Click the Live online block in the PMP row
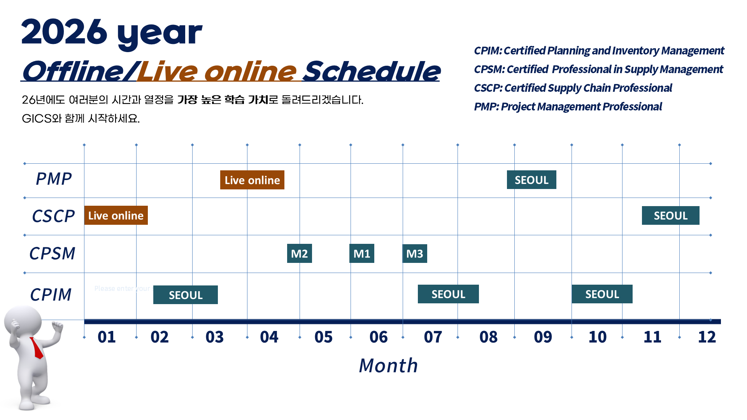coord(252,180)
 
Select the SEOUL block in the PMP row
coord(531,180)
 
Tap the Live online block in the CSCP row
coord(116,215)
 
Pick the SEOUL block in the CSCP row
coord(671,215)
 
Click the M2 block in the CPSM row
coord(300,254)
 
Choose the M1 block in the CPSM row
coord(362,254)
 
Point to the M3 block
coord(415,254)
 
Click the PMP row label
coord(54,179)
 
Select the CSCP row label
coord(53,216)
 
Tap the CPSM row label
coord(53,254)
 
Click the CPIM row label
coord(51,295)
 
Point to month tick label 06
coord(379,337)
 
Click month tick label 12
coord(707,337)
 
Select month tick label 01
coord(107,337)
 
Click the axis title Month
coord(388,366)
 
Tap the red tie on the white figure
coord(37,347)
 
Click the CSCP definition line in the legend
coord(573,88)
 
